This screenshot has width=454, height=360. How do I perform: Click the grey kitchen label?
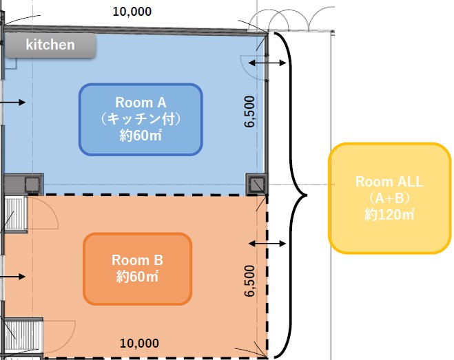coord(50,45)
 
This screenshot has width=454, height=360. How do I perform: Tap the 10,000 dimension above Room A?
coord(132,11)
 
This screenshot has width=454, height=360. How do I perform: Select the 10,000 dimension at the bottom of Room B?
coord(139,343)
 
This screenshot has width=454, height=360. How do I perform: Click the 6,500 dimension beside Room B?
coord(249,280)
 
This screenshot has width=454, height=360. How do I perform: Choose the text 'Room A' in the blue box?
coord(141,103)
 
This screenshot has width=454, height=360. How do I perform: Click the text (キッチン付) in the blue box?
coord(141,119)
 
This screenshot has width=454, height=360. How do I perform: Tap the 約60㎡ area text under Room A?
coord(141,136)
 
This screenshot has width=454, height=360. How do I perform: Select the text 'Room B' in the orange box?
coord(137,261)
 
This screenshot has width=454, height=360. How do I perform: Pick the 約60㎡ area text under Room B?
coord(137,277)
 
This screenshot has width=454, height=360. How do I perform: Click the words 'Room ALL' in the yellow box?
coord(389,182)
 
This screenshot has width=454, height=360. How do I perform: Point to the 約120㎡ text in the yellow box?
coord(389,215)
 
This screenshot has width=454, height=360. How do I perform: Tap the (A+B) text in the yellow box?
coord(389,198)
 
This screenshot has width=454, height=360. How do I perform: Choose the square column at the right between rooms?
coord(256,184)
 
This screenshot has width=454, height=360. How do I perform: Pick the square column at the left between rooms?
coord(32,184)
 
